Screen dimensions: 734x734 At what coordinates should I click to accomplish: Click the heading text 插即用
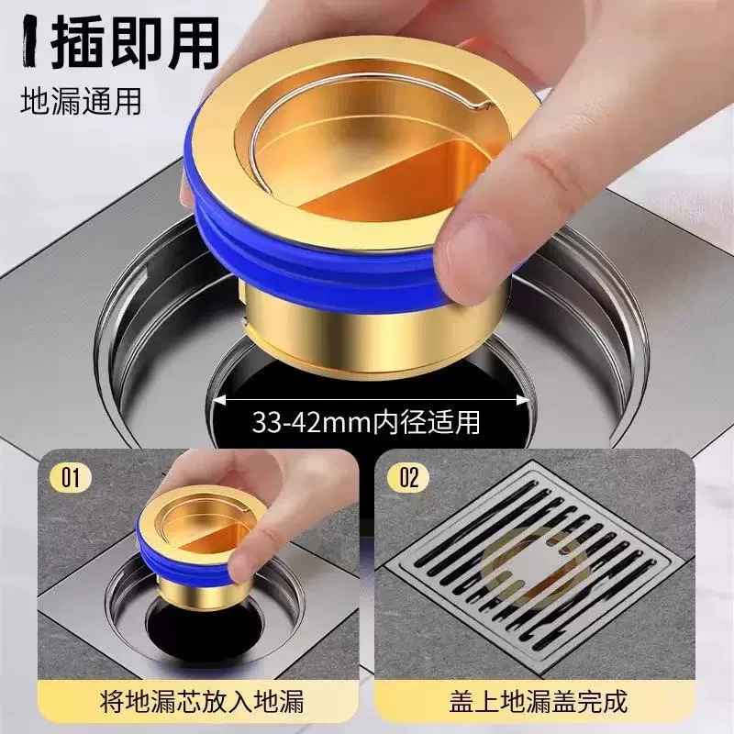(135, 43)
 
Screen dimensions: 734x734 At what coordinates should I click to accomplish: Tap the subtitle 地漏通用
(81, 101)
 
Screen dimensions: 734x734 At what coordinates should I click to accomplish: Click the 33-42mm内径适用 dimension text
(366, 422)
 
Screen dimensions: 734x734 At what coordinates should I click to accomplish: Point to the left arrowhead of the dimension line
(220, 400)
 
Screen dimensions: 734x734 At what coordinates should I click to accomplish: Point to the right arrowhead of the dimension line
(523, 400)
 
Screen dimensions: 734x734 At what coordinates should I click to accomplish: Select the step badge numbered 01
(72, 478)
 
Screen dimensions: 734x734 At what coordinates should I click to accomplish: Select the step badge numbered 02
(408, 478)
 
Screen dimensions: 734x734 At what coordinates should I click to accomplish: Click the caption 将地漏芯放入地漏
(202, 701)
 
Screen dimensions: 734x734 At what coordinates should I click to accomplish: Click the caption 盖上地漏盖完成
(538, 701)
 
